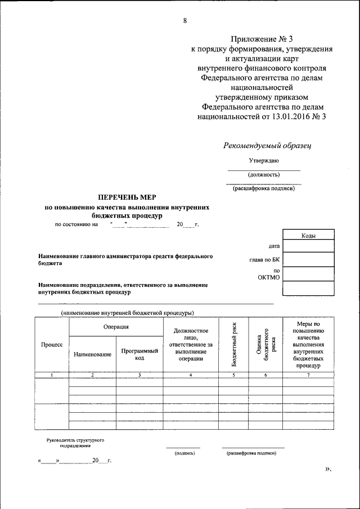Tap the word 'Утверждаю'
(264, 161)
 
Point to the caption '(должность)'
(264, 174)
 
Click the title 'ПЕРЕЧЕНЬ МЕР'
(127, 197)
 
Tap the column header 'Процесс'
(52, 344)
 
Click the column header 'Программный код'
(139, 353)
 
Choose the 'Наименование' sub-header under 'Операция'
(92, 354)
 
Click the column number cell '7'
(308, 375)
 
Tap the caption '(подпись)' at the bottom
(184, 453)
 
